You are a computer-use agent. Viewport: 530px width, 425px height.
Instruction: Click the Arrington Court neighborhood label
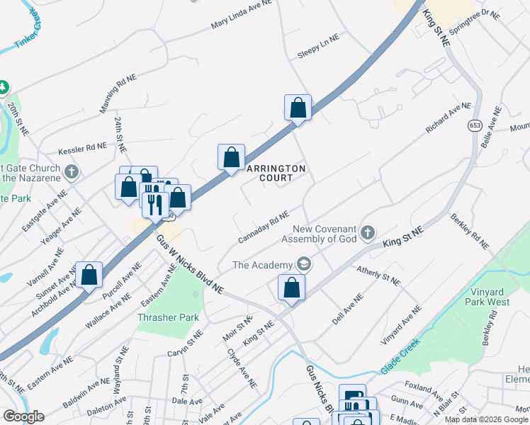click(x=276, y=173)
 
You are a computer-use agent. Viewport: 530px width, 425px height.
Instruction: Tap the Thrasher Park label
click(x=168, y=318)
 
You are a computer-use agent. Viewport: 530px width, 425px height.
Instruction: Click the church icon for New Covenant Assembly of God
click(x=367, y=232)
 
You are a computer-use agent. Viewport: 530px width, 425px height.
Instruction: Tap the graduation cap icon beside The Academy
click(x=304, y=265)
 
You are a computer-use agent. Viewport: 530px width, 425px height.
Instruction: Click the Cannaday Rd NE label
click(x=263, y=226)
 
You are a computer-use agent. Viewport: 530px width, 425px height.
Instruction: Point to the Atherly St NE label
click(x=378, y=276)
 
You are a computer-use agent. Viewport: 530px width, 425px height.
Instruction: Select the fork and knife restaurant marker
click(x=154, y=204)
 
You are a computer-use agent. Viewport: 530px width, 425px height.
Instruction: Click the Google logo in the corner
click(x=23, y=416)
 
